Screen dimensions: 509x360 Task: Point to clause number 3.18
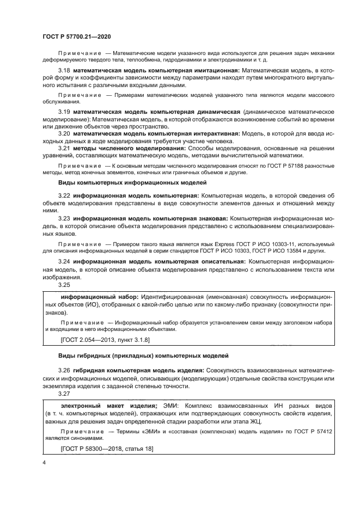64,71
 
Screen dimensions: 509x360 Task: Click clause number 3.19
64,112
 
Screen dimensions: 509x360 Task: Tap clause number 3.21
64,148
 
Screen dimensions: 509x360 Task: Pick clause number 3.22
64,195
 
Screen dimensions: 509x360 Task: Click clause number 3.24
64,262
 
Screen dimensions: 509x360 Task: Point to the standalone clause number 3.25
64,284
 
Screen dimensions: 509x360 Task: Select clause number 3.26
64,370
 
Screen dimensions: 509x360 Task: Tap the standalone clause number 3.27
64,393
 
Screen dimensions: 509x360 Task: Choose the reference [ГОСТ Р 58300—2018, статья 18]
107,448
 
